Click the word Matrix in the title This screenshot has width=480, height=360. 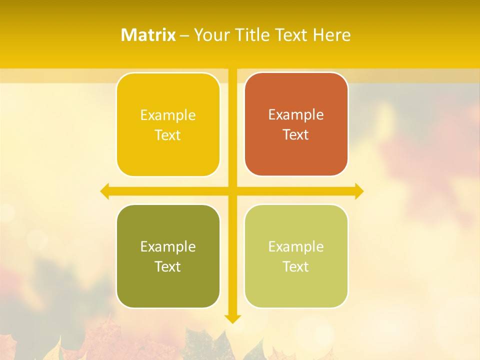coord(148,35)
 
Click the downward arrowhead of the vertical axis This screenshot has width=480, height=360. coord(232,318)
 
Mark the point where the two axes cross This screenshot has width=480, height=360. coord(232,191)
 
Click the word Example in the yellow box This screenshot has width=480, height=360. coord(168,115)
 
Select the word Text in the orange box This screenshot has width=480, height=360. coord(296,135)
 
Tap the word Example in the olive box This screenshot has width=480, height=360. coord(168,246)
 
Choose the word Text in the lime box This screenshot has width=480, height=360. coord(296,266)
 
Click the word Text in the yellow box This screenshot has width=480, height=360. coord(168,135)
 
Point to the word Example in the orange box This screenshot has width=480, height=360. coord(296,115)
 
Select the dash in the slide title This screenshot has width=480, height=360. coord(184,35)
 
